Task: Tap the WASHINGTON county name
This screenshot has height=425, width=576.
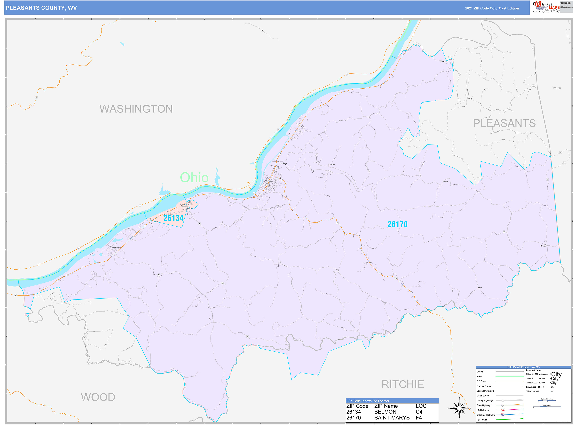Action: [x=136, y=109]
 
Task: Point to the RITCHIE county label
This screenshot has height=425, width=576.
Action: [x=403, y=384]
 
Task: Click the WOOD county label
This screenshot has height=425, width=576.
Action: [x=98, y=397]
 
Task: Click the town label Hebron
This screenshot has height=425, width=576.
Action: [x=543, y=246]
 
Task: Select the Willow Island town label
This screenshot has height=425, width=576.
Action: [x=117, y=247]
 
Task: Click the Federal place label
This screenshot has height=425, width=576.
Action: [x=445, y=181]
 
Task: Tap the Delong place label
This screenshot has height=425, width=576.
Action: [x=332, y=164]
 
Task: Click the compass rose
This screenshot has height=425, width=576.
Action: [x=459, y=408]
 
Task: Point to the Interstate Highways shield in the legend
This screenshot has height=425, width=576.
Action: [x=503, y=415]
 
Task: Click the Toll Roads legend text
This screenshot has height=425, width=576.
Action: [x=481, y=420]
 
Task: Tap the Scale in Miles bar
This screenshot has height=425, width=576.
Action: [x=547, y=407]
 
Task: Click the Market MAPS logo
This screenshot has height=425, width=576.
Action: [x=546, y=7]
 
